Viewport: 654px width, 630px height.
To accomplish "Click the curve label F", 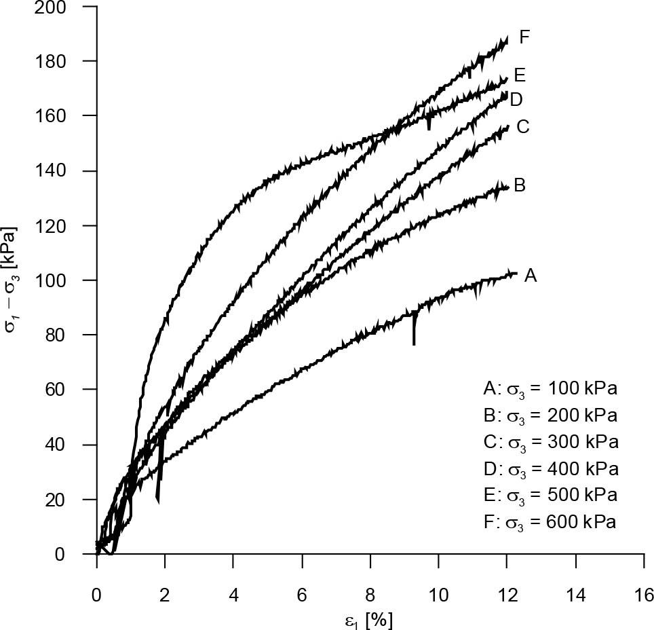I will click(524, 37).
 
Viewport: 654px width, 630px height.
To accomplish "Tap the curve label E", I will click(520, 75).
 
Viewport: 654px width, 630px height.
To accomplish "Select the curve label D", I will click(516, 100).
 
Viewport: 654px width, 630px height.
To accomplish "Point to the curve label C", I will click(522, 127).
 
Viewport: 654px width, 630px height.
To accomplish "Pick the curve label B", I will click(520, 185).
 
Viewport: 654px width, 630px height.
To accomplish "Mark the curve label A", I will click(531, 275).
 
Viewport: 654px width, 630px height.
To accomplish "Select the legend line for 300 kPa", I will click(551, 442).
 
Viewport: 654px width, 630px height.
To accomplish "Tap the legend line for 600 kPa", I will click(550, 522).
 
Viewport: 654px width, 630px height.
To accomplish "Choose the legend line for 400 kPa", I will click(551, 468).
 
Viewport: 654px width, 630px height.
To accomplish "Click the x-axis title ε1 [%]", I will click(370, 618).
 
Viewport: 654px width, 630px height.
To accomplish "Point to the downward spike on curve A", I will click(414, 334).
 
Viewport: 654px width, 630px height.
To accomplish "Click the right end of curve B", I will click(507, 187).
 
